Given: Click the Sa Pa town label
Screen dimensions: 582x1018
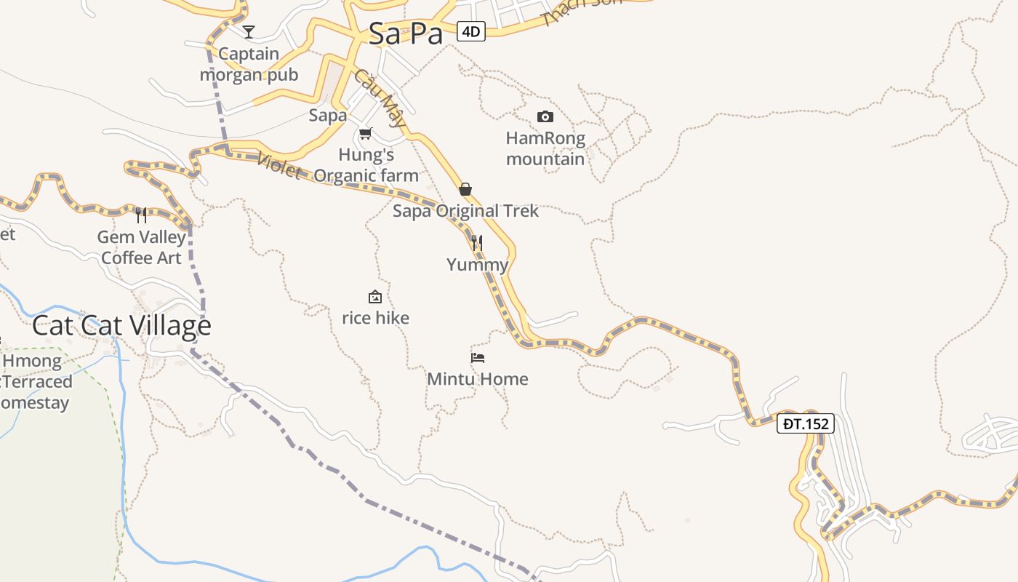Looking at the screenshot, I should [x=405, y=33].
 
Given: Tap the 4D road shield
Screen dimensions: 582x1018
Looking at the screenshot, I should [x=471, y=31].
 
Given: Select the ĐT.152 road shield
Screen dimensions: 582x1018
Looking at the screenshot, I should [x=805, y=423].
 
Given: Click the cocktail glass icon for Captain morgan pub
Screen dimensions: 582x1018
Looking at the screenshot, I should [x=249, y=31].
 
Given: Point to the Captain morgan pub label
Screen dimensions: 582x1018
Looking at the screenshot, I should [x=249, y=64].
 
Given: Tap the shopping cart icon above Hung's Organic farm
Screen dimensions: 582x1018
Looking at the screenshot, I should [x=366, y=133].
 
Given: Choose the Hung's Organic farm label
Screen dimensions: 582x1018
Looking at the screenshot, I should [x=366, y=165].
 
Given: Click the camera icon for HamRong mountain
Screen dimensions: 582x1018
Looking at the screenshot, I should [x=545, y=116].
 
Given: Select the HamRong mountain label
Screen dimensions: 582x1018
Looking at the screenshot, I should [x=545, y=148].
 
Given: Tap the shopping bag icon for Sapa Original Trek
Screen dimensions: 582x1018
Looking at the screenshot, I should [x=465, y=189].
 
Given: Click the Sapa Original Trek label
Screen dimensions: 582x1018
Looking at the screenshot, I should [x=465, y=211].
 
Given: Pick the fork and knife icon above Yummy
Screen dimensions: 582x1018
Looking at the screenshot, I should [x=477, y=242].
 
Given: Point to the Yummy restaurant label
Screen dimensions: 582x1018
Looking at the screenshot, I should [x=477, y=265].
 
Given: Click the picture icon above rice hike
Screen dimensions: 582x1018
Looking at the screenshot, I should [x=375, y=297].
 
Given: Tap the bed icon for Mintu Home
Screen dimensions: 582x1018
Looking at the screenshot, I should [x=478, y=357].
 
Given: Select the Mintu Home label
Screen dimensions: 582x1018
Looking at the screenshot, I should [x=478, y=379].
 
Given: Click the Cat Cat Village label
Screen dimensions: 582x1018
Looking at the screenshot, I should [x=121, y=325].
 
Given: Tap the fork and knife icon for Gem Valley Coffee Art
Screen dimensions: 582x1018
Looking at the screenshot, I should [x=141, y=215].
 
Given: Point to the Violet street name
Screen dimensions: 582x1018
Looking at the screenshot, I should [x=279, y=165].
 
